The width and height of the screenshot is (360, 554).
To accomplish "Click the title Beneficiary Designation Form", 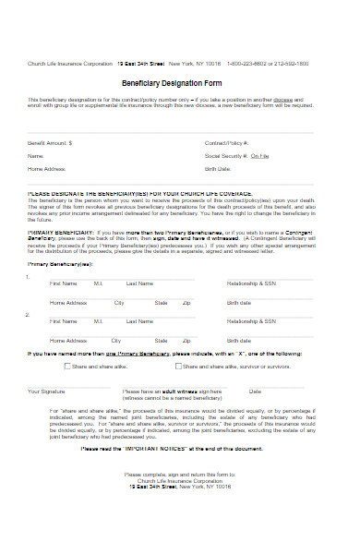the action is click(x=180, y=82).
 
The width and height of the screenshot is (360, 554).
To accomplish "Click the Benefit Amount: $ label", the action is click(x=50, y=144).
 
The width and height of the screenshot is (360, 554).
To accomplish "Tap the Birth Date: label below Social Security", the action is click(x=218, y=170).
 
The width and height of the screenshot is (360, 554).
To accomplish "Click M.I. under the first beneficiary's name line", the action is click(x=98, y=283).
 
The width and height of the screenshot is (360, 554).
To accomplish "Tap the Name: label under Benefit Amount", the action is click(x=36, y=157).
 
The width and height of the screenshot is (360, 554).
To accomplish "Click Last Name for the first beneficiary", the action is click(x=138, y=283).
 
